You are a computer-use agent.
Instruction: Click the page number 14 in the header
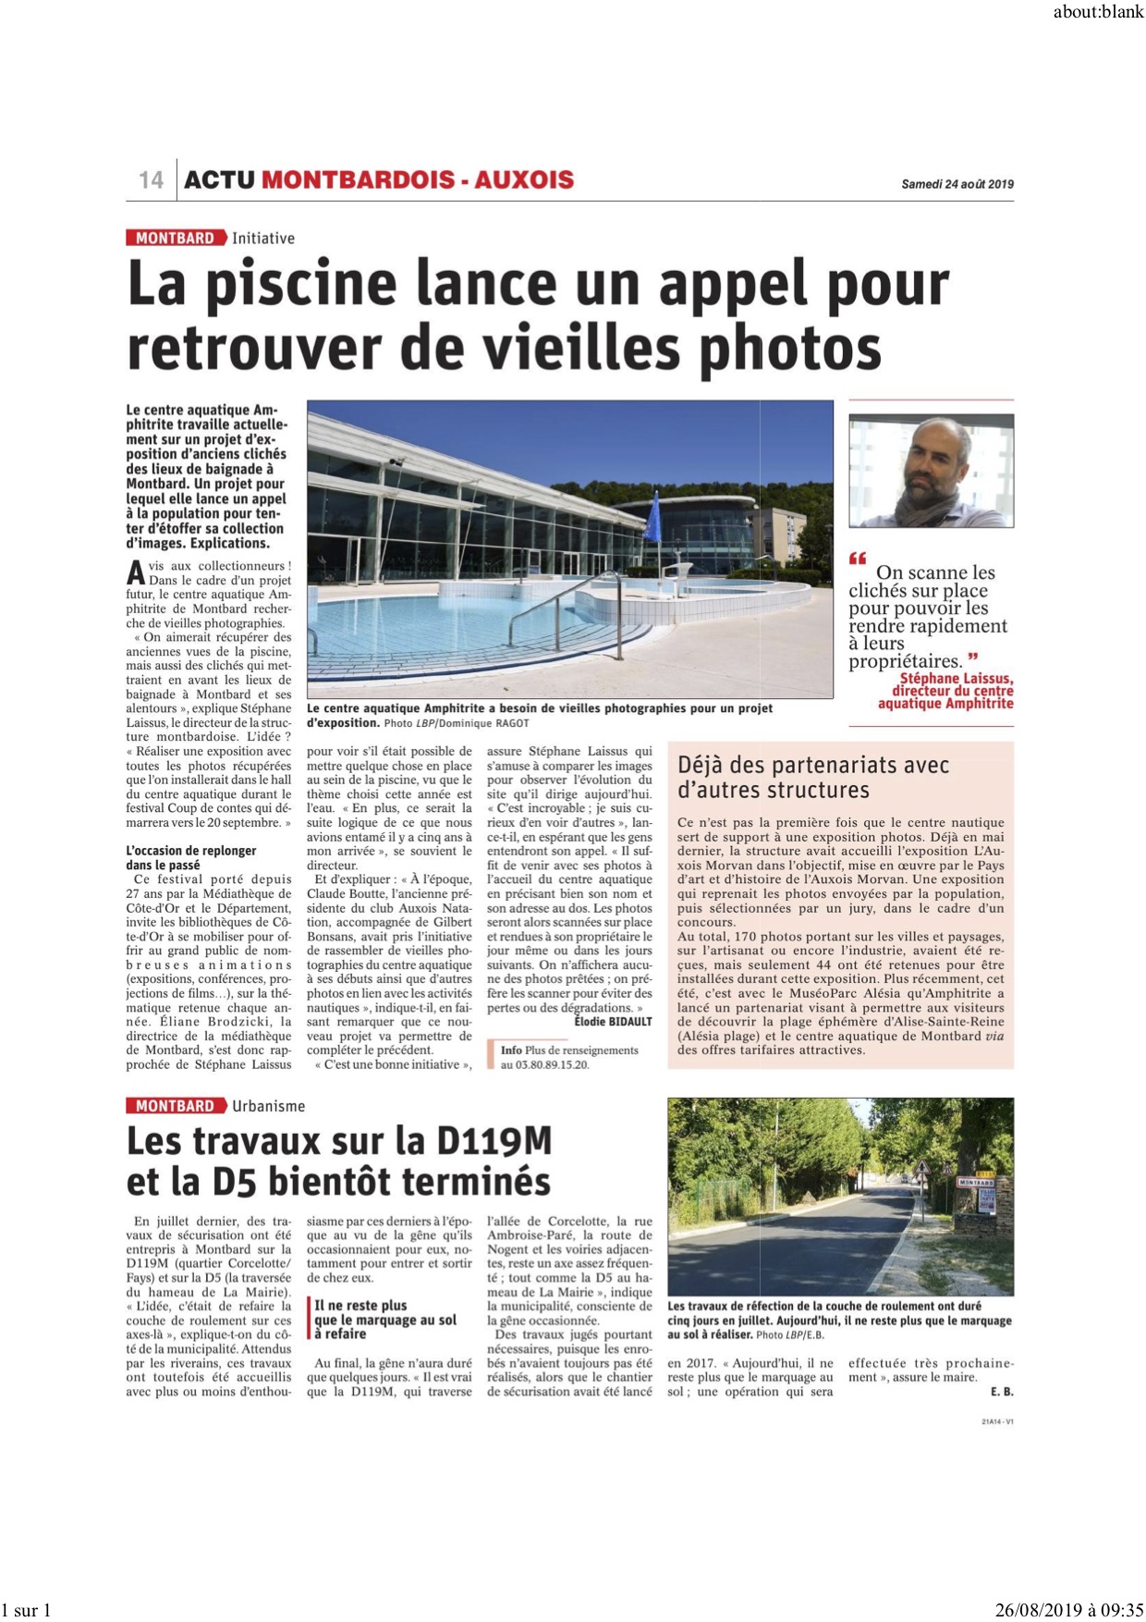[x=151, y=179]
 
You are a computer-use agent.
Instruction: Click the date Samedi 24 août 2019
[x=957, y=184]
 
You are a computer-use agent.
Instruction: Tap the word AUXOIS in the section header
[x=524, y=179]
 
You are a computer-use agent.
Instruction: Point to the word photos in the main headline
[x=790, y=349]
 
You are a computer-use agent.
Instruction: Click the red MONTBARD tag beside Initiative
[x=175, y=239]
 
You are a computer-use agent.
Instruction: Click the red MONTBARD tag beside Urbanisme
[x=175, y=1106]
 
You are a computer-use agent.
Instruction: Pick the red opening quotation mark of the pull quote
[x=858, y=559]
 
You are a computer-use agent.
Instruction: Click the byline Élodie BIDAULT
[x=613, y=1022]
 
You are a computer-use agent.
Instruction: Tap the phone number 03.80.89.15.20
[x=544, y=1064]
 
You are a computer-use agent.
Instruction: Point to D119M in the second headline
[x=494, y=1142]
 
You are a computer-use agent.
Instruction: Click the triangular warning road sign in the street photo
[x=922, y=1169]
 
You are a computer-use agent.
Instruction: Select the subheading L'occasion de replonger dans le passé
[x=191, y=858]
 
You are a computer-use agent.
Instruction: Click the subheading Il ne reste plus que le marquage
[x=384, y=1320]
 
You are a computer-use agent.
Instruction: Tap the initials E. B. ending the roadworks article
[x=1002, y=1392]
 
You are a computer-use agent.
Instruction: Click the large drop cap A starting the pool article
[x=135, y=572]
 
